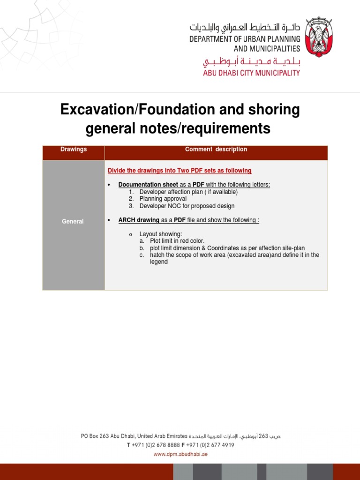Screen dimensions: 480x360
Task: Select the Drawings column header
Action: click(x=74, y=150)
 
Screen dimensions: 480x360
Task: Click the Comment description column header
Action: click(x=216, y=150)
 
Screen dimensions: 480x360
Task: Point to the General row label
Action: click(x=73, y=221)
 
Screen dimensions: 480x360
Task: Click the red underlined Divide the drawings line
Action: click(x=180, y=171)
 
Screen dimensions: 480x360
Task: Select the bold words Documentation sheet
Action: click(x=148, y=185)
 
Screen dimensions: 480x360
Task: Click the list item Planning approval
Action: click(x=163, y=199)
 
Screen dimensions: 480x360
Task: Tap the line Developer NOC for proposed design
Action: click(x=187, y=206)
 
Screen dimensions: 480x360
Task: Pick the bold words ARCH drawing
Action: click(x=139, y=220)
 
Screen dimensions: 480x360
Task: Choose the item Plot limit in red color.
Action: click(x=177, y=241)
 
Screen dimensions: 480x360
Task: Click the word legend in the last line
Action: click(x=158, y=262)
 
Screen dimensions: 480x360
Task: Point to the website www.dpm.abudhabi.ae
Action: click(x=180, y=454)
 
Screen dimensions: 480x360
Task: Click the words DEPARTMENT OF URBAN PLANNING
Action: click(x=245, y=40)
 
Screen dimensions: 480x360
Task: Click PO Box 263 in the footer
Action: click(x=95, y=436)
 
